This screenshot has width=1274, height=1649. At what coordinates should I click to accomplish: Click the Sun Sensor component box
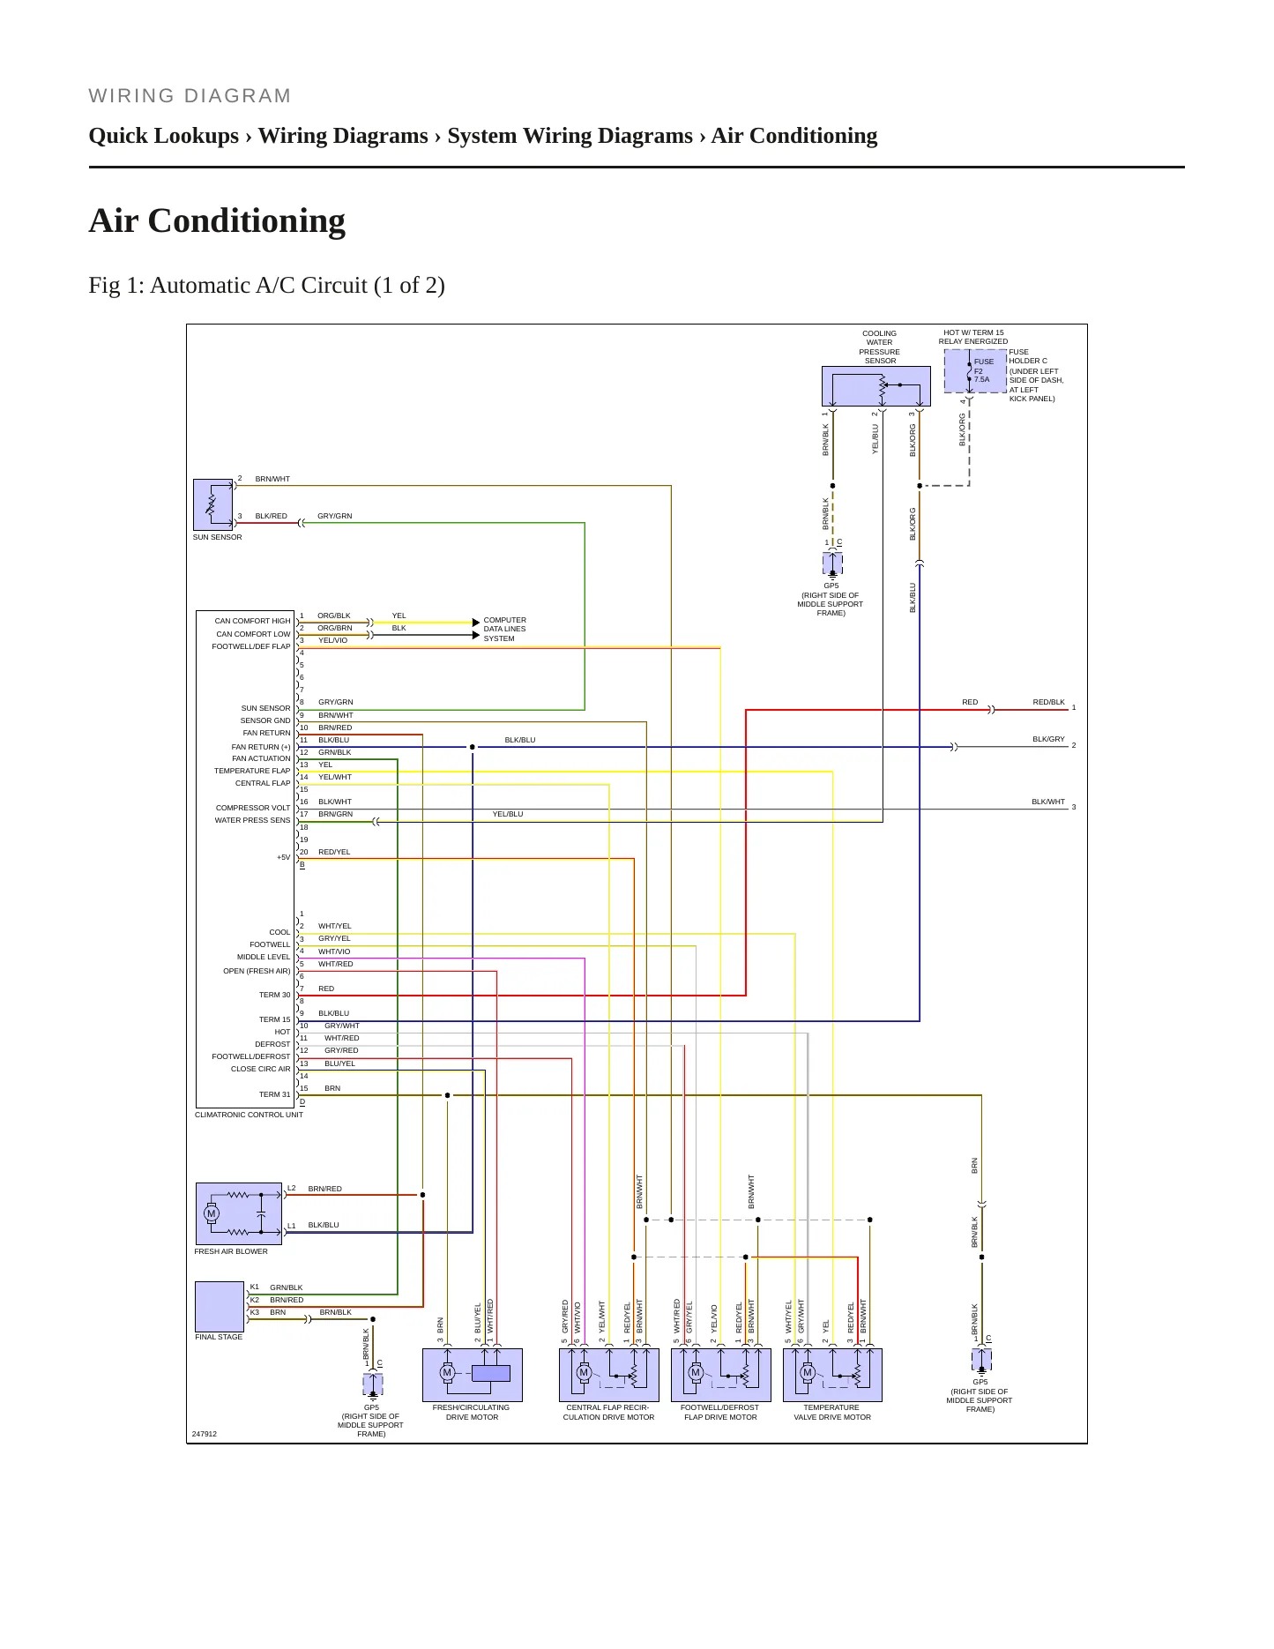(212, 504)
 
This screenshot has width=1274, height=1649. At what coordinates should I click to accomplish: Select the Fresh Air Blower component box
(239, 1213)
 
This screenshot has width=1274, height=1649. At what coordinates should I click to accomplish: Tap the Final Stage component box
(220, 1306)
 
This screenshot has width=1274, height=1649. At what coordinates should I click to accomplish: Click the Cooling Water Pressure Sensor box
(875, 386)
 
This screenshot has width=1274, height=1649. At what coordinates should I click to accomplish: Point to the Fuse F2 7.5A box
(975, 371)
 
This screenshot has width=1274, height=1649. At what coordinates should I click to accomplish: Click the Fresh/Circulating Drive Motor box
(473, 1375)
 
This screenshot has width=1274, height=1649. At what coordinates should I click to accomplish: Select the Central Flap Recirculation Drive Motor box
(609, 1375)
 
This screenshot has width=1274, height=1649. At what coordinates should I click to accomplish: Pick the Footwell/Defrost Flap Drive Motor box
(721, 1375)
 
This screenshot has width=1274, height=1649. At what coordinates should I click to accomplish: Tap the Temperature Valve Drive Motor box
(833, 1375)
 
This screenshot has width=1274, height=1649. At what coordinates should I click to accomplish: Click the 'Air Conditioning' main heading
(217, 220)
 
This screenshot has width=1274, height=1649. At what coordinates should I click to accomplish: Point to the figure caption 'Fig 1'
(267, 285)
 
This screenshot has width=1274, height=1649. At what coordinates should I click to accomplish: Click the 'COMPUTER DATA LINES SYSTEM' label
(504, 629)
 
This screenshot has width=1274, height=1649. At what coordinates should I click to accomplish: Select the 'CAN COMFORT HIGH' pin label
(252, 621)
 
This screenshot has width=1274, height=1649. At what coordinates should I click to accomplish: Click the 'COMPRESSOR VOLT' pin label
(253, 808)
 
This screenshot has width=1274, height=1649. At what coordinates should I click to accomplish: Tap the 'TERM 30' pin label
(274, 995)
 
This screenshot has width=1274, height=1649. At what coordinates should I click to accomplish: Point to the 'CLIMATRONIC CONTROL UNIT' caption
(249, 1115)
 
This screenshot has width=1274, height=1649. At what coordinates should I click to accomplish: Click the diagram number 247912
(204, 1434)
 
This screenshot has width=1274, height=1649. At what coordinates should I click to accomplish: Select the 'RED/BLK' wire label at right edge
(1048, 702)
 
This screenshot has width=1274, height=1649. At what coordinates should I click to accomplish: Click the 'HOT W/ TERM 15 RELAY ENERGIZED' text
(973, 337)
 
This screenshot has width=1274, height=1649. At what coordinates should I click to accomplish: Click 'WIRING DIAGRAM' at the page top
(190, 96)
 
